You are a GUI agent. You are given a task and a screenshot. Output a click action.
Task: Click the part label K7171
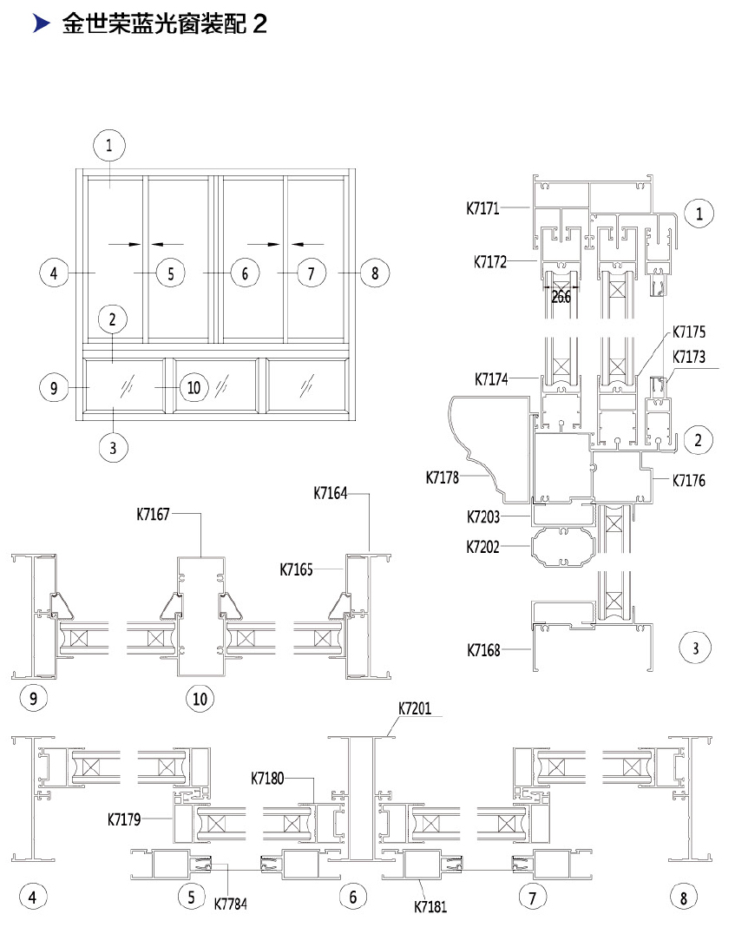point(482,208)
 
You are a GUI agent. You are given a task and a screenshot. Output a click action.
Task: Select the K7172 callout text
point(490,262)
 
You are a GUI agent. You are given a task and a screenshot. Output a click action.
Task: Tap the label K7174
point(491,378)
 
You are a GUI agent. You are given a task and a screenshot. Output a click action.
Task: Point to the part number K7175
point(689,332)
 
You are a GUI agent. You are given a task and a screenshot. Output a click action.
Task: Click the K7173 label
point(689,357)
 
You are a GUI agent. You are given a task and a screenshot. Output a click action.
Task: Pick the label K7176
point(689,480)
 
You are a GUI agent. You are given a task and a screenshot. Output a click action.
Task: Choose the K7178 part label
point(443,477)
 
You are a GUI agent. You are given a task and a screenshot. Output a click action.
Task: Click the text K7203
point(483,517)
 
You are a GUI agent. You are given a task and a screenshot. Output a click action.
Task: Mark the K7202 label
point(483,547)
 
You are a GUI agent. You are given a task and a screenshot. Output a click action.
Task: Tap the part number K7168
point(483,650)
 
